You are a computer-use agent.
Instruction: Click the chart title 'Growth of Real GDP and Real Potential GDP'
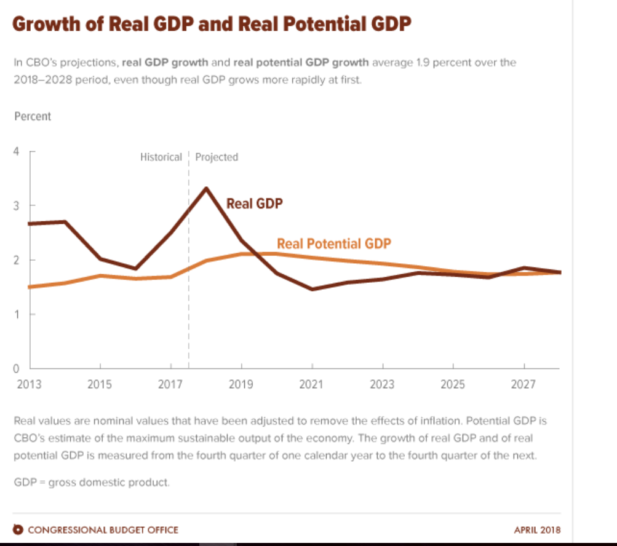(212, 25)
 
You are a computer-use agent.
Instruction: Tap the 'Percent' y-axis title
(33, 116)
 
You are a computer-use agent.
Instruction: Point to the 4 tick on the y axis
(16, 151)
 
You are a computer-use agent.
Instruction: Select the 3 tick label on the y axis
(16, 205)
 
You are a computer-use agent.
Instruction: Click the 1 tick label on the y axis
(16, 314)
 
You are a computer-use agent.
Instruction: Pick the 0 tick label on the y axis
(16, 368)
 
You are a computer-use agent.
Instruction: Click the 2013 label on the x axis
(30, 385)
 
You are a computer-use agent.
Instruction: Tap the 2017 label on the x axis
(170, 385)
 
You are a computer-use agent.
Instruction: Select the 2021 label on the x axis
(312, 385)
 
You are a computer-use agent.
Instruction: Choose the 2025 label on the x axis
(453, 385)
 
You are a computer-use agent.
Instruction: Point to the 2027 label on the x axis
(523, 385)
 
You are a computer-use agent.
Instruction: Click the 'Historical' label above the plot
(161, 157)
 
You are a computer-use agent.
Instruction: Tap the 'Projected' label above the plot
(217, 157)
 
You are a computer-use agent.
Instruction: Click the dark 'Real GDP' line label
(255, 204)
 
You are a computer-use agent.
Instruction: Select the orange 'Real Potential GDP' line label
(334, 243)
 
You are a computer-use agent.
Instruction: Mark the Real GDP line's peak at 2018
(206, 188)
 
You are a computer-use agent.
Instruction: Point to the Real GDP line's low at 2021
(312, 289)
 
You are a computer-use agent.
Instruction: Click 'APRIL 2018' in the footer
(537, 529)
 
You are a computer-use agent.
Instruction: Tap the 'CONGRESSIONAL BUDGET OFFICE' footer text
(103, 529)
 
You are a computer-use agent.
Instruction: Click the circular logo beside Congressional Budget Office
(18, 529)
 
